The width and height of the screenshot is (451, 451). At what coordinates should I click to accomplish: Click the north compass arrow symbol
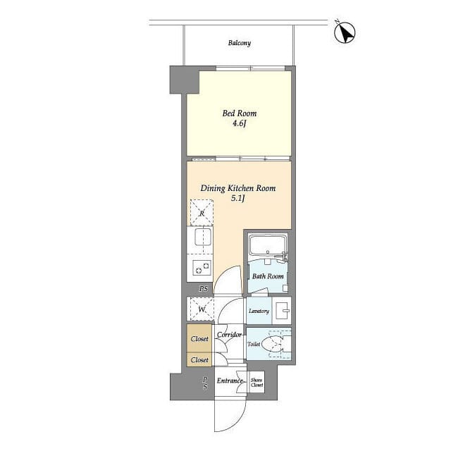[x=345, y=32]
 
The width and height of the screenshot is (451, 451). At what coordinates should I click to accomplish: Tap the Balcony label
[x=240, y=43]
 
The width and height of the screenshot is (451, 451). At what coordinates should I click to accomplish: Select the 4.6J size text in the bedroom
[x=240, y=123]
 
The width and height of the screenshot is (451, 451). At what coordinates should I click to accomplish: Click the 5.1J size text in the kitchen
[x=238, y=198]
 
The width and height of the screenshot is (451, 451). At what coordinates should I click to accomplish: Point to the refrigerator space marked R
[x=202, y=213]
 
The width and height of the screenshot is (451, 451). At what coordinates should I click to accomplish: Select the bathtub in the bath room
[x=268, y=245]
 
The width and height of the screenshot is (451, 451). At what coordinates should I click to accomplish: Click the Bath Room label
[x=268, y=276]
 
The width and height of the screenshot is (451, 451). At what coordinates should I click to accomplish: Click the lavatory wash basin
[x=282, y=311]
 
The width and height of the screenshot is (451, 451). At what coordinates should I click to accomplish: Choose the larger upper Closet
[x=199, y=338]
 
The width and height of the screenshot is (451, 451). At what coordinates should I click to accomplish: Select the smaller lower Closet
[x=199, y=360]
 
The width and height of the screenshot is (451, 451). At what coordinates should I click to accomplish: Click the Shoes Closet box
[x=257, y=382]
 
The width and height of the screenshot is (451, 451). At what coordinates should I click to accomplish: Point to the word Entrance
[x=230, y=381]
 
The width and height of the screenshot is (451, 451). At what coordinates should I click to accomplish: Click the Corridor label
[x=229, y=335]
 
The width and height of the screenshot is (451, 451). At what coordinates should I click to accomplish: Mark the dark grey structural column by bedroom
[x=185, y=80]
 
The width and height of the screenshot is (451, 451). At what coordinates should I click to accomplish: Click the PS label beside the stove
[x=204, y=288]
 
